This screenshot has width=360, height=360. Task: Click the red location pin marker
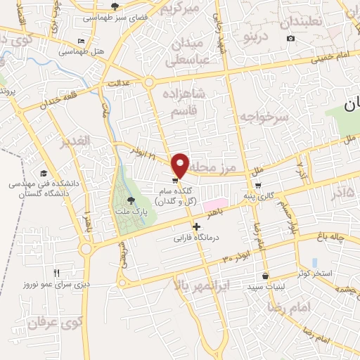pos(181,165)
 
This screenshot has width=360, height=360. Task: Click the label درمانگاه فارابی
pos(198,238)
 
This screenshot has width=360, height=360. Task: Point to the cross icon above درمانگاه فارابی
pos(197,227)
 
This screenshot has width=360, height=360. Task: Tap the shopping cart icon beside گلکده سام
pos(174,179)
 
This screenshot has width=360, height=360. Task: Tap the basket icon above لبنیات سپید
pos(264,276)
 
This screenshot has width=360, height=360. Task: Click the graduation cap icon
pos(44,173)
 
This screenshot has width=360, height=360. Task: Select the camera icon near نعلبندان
pos(290,38)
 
